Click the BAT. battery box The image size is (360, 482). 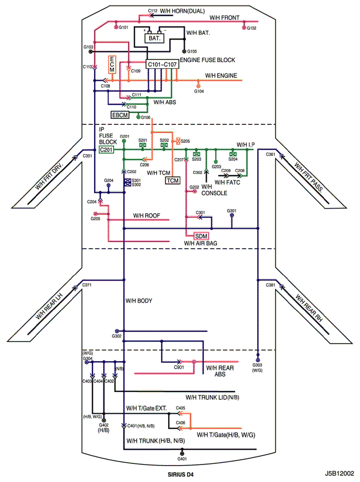click(x=154, y=39)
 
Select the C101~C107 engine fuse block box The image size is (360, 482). click(x=162, y=64)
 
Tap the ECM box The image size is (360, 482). click(x=112, y=65)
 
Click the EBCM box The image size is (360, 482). click(x=120, y=115)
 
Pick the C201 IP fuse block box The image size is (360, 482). click(x=106, y=150)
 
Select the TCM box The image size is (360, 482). click(x=173, y=180)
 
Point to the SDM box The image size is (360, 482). click(x=201, y=236)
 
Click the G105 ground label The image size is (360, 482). click(x=192, y=51)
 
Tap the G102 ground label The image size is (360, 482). click(x=251, y=28)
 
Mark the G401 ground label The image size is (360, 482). click(x=182, y=459)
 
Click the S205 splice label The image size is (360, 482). click(x=185, y=141)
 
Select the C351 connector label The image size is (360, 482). click(x=87, y=156)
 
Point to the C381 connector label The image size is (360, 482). click(x=271, y=285)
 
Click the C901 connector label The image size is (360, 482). click(x=179, y=367)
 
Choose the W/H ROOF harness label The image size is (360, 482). click(x=147, y=216)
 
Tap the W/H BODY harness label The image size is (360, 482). click(x=139, y=301)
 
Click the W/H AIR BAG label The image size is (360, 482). click(x=201, y=243)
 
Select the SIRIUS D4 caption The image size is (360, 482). click(x=181, y=474)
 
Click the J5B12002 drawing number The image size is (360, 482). click(x=339, y=473)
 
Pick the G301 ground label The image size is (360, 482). click(x=232, y=211)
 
